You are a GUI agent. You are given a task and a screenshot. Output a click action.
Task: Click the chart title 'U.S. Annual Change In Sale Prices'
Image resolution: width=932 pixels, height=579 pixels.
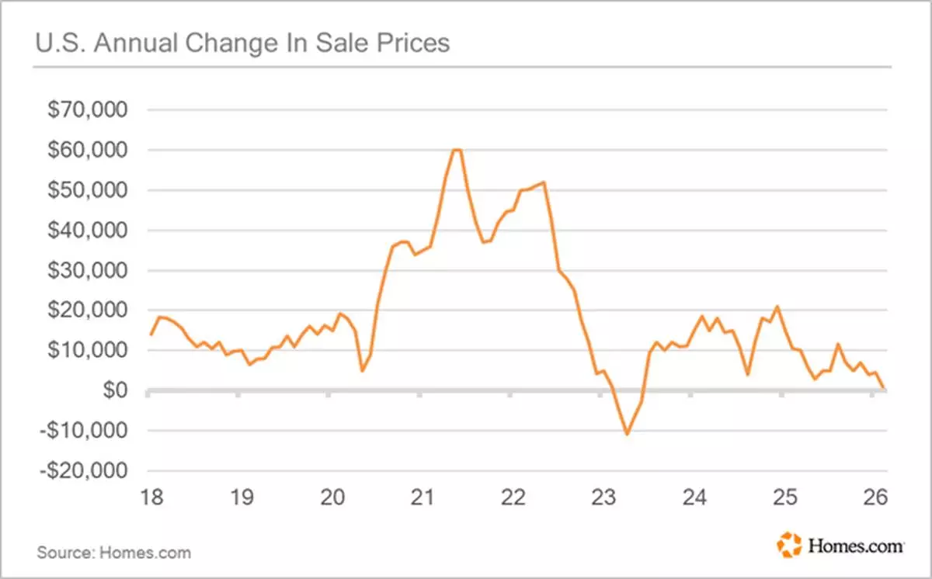tap(242, 43)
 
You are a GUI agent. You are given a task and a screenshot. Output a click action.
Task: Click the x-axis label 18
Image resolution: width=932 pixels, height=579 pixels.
tap(151, 496)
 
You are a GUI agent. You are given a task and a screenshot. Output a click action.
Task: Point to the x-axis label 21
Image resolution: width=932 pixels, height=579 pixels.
tap(422, 496)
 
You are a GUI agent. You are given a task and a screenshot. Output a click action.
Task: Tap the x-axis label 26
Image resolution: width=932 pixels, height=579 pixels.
tap(875, 496)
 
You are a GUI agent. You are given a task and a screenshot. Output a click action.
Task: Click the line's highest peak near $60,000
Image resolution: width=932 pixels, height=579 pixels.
tap(457, 150)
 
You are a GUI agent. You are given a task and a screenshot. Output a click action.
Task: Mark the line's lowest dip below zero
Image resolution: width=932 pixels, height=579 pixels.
tap(627, 433)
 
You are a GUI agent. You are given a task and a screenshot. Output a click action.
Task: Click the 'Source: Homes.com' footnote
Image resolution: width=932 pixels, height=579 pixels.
tap(113, 553)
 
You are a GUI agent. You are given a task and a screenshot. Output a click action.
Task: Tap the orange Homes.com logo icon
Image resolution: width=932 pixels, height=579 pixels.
tap(788, 544)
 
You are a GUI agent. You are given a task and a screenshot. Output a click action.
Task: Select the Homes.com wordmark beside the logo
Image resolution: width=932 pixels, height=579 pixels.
tap(855, 546)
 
